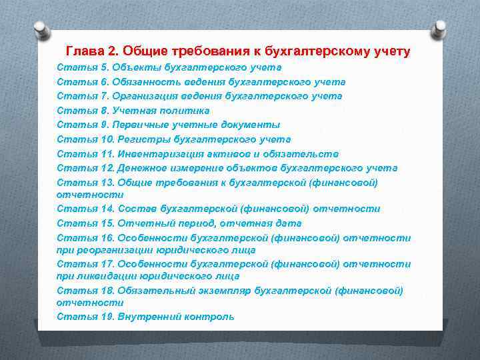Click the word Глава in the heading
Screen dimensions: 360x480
83,51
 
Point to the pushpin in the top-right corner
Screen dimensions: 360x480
439,28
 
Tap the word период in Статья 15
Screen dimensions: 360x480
187,223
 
